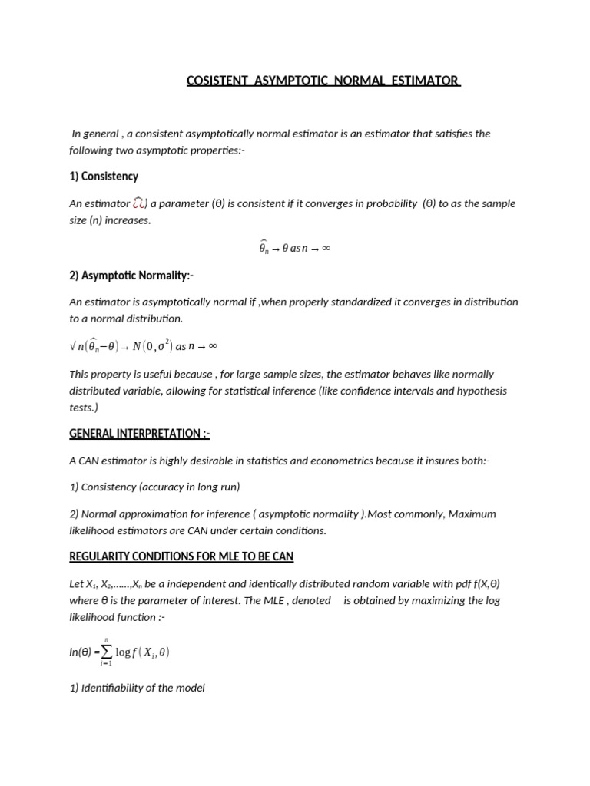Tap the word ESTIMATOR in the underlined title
[429, 81]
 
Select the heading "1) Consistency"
[104, 177]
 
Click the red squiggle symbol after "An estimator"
[139, 203]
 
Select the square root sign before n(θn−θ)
[73, 346]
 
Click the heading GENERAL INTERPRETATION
[139, 434]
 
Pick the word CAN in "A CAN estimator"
[90, 461]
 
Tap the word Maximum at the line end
[472, 514]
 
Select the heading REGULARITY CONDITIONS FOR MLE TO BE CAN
[181, 556]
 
